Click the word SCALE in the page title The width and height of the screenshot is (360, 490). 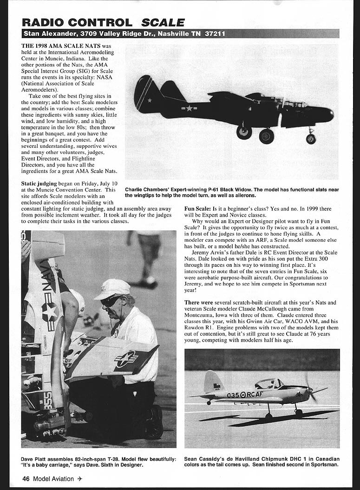click(163, 22)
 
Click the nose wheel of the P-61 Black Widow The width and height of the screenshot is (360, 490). click(311, 138)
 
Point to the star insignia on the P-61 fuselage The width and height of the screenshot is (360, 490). click(189, 109)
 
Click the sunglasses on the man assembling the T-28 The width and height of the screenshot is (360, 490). click(110, 301)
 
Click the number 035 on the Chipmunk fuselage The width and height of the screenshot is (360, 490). click(233, 395)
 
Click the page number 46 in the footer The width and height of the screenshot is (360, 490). click(26, 479)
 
